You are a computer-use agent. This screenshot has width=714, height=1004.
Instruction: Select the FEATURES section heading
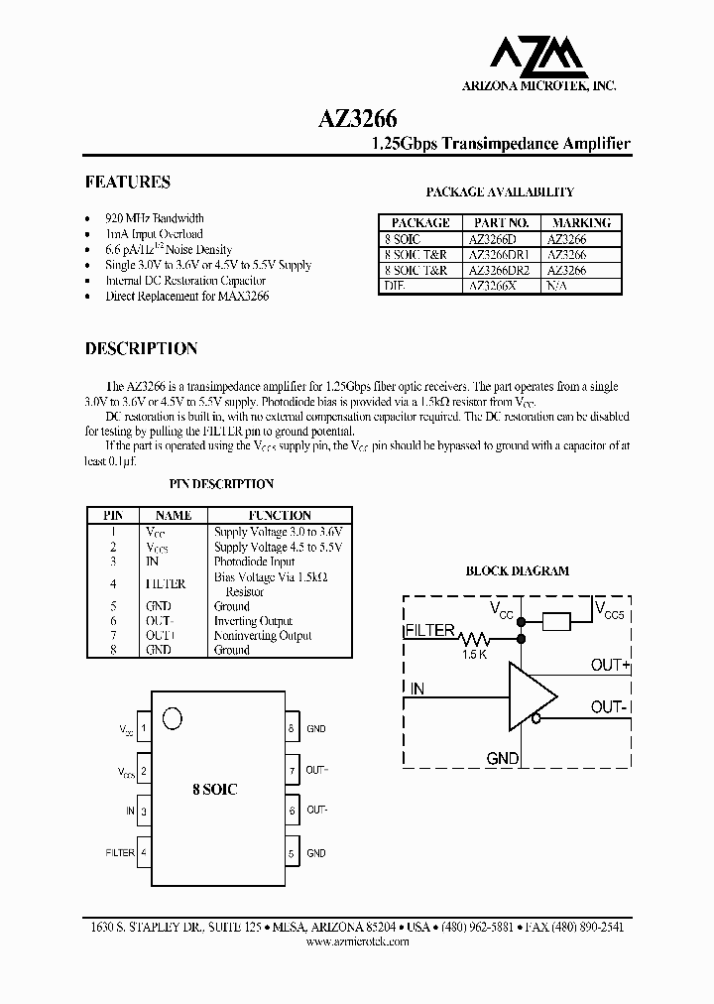(127, 183)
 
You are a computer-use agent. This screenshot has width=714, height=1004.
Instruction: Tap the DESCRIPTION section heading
(141, 349)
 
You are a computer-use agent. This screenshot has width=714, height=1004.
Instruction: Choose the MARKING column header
(581, 223)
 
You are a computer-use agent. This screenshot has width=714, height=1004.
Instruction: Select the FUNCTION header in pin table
(280, 516)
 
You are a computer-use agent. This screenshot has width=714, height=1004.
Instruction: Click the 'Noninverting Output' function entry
(263, 636)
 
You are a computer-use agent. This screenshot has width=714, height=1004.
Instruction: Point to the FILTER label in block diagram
(429, 631)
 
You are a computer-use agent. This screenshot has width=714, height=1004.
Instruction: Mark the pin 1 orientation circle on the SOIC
(173, 718)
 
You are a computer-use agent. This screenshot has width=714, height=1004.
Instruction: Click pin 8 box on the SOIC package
(293, 728)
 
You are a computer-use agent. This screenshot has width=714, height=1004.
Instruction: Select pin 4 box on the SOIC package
(145, 852)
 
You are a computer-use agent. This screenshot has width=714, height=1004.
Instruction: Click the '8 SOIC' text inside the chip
(215, 790)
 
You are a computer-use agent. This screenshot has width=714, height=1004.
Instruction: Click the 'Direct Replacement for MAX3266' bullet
(187, 297)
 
